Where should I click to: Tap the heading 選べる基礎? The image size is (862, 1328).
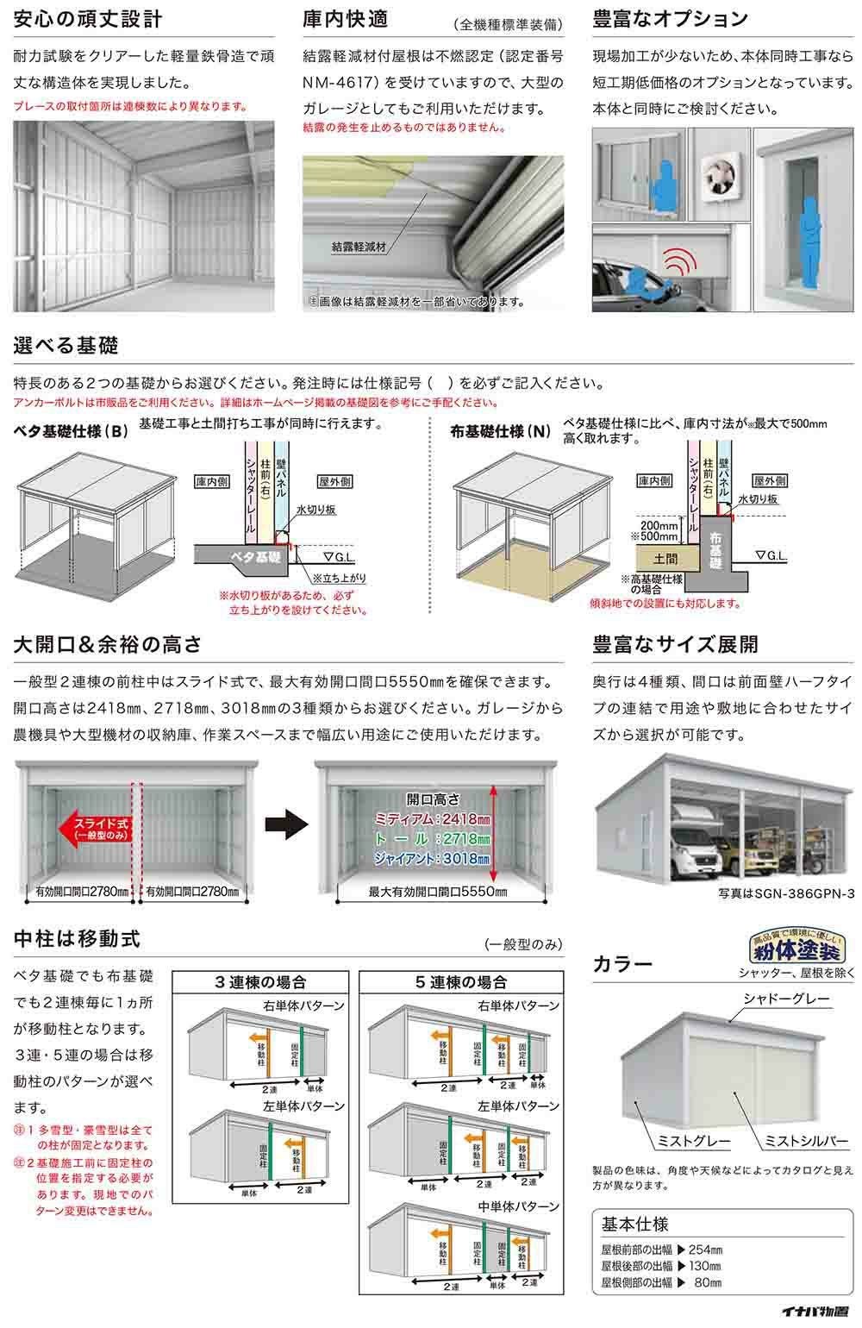click(66, 346)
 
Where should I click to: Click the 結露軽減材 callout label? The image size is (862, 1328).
click(359, 247)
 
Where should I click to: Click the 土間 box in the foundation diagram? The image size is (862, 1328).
click(665, 559)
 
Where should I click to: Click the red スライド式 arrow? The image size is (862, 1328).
click(93, 830)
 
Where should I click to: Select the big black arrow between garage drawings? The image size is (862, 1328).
click(286, 824)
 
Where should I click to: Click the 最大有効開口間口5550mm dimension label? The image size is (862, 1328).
click(437, 892)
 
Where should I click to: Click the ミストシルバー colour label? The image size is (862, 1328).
click(801, 1141)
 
